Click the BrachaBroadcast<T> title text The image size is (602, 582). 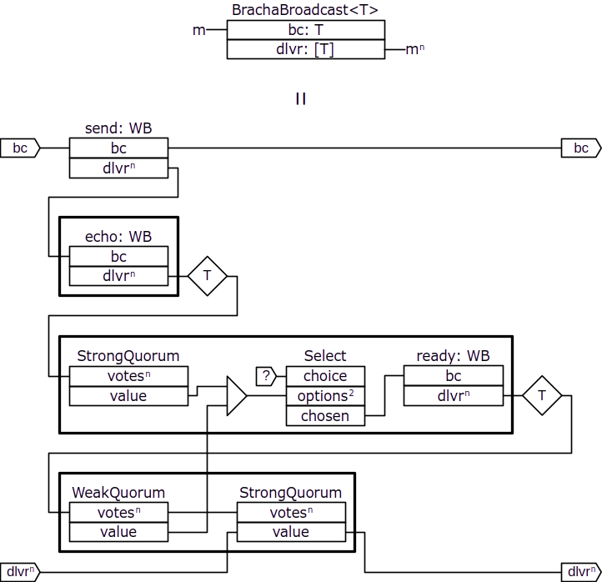tap(305, 10)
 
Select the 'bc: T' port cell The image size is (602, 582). tap(305, 30)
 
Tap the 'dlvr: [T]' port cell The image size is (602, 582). tap(305, 49)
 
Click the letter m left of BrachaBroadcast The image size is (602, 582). tap(198, 30)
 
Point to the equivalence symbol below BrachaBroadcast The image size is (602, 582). tap(301, 98)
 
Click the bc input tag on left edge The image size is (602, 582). tap(20, 148)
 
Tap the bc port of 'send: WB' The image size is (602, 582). tap(118, 148)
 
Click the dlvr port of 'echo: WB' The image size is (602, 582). tap(118, 276)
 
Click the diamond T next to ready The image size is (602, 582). tap(542, 396)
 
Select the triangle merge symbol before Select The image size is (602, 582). tap(236, 396)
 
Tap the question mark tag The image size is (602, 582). tap(266, 376)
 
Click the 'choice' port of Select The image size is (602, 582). tap(325, 376)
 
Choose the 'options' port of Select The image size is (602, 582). tap(325, 396)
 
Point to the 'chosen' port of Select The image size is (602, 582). tap(325, 416)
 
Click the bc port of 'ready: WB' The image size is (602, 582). tap(454, 376)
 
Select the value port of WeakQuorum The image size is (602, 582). tap(118, 532)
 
